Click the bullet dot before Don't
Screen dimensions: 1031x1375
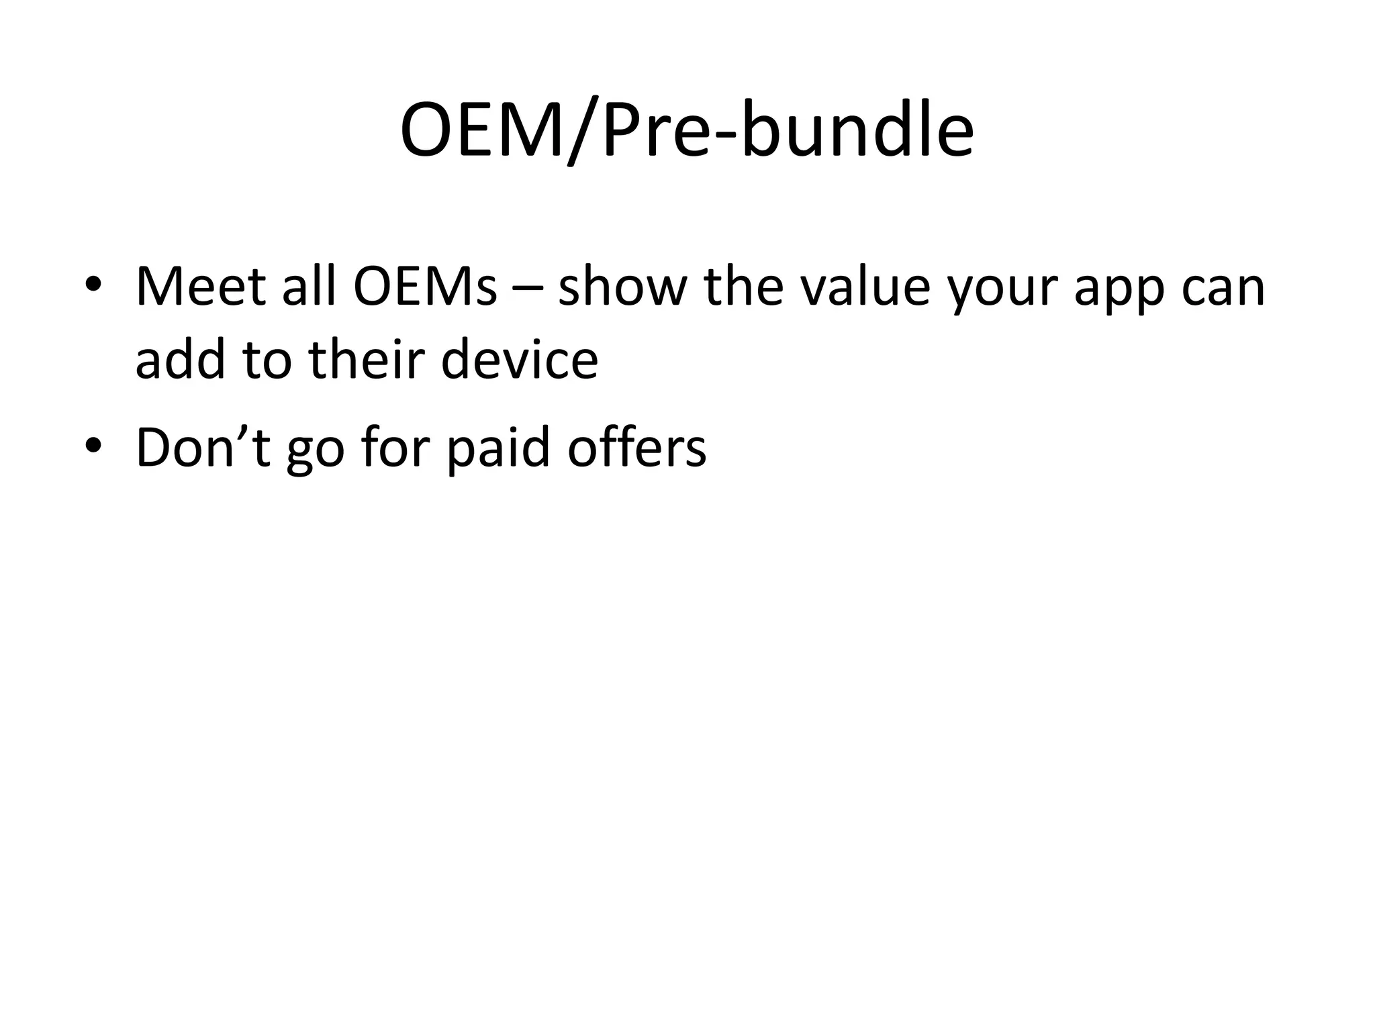pyautogui.click(x=93, y=445)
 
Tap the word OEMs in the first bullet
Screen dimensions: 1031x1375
pyautogui.click(x=425, y=287)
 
